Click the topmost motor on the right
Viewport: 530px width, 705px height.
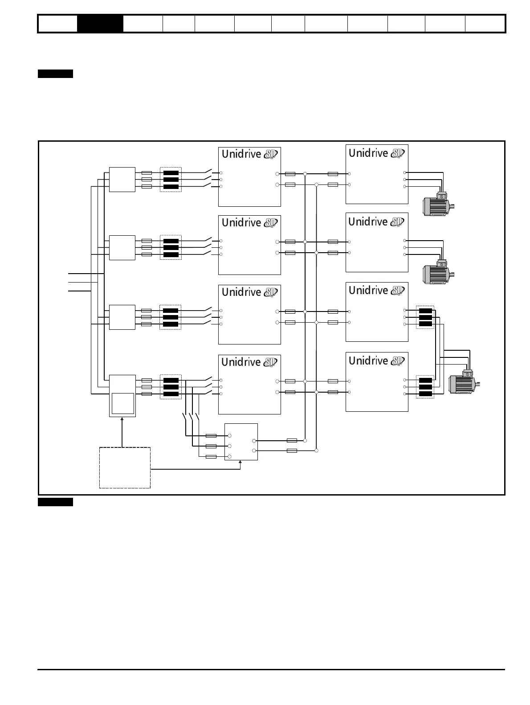pos(437,204)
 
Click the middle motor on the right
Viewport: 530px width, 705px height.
pos(437,272)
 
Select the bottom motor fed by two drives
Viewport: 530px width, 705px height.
pos(463,383)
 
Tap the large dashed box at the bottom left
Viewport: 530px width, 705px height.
pos(125,467)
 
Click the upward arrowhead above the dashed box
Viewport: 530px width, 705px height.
pos(122,419)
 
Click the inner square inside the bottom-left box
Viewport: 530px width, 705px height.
pos(122,403)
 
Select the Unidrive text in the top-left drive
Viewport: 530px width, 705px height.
pos(241,154)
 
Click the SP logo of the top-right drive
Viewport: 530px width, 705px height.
pos(397,153)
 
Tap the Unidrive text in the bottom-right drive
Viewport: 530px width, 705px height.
pos(368,361)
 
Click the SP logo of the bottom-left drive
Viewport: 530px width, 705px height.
pos(270,362)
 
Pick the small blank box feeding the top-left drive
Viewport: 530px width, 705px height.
pos(122,180)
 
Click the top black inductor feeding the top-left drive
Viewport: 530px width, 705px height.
pos(171,173)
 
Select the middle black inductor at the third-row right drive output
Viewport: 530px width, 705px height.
pos(425,317)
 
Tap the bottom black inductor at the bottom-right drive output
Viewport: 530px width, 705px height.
pos(425,394)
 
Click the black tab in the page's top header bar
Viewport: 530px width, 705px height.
pos(100,24)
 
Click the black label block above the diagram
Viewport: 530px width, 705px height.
pos(55,74)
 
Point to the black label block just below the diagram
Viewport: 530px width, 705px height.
pos(55,502)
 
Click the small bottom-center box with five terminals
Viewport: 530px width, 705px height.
pos(241,442)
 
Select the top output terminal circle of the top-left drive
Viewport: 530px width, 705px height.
pos(277,174)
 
